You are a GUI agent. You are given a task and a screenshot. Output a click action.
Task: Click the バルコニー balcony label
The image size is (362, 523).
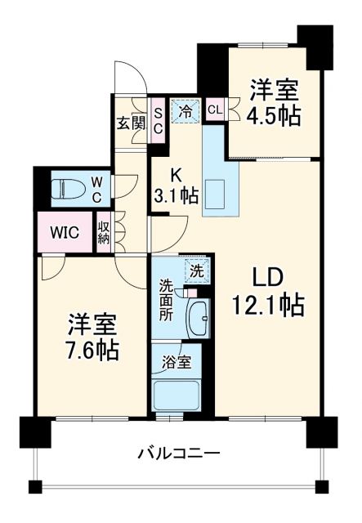coord(178,452)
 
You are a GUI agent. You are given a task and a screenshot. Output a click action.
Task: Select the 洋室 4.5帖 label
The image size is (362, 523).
coord(275,102)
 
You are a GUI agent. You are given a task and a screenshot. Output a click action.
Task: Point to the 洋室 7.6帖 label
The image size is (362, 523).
coord(92,336)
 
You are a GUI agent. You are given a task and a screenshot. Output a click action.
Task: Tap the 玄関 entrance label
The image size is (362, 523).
coord(130,123)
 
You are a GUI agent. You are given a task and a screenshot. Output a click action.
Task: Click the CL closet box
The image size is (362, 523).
coord(215,109)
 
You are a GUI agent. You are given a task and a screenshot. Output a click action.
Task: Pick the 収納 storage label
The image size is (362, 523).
coord(105,232)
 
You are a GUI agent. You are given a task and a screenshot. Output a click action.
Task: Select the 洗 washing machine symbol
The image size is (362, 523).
coord(198,268)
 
